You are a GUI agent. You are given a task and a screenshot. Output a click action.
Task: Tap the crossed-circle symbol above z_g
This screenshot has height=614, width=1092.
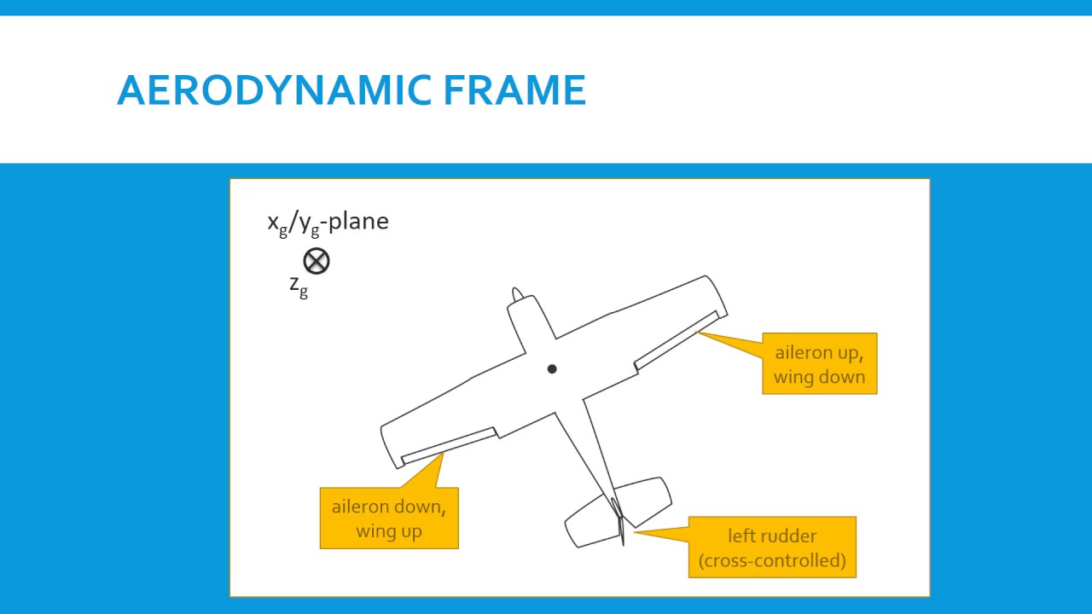coord(316,261)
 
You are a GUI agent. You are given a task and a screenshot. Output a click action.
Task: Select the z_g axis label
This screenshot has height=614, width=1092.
coord(299,286)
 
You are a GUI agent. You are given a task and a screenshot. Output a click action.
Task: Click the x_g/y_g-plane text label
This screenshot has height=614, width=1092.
coord(328,222)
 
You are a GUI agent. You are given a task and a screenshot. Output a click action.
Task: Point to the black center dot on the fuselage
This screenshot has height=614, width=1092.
coord(552,369)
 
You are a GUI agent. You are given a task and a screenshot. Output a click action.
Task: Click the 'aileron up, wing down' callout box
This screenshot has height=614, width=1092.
coord(819,364)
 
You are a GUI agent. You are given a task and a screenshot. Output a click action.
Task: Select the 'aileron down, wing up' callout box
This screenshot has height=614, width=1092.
coord(389,518)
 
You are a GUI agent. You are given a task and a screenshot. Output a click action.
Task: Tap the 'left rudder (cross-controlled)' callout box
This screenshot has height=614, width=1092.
coord(772,547)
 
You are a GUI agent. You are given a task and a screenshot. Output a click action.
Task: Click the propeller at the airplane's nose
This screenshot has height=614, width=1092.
coord(517,295)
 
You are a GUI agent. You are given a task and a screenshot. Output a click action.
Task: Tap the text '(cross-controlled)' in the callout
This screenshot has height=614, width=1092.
coord(772,560)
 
